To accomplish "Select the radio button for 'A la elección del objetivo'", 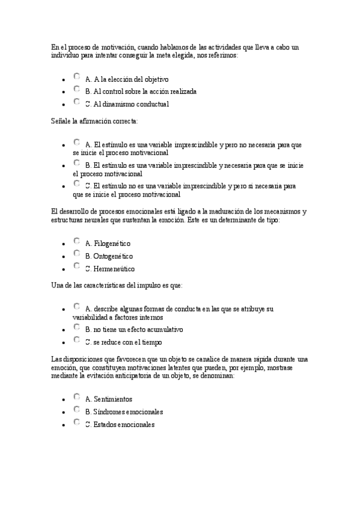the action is pyautogui.click(x=77, y=76).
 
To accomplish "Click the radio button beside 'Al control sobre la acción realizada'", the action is pyautogui.click(x=77, y=89).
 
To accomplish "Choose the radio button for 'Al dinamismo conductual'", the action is pyautogui.click(x=77, y=102).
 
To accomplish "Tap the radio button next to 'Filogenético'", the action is pyautogui.click(x=77, y=241).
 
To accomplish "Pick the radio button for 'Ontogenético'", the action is pyautogui.click(x=77, y=254).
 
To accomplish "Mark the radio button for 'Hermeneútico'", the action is pyautogui.click(x=77, y=266).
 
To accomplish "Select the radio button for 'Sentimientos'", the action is pyautogui.click(x=77, y=397).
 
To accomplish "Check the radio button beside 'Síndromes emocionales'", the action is pyautogui.click(x=77, y=410).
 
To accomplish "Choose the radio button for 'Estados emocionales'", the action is pyautogui.click(x=77, y=422).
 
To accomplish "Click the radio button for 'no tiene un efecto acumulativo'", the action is pyautogui.click(x=77, y=328).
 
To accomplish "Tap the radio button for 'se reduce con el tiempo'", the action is pyautogui.click(x=77, y=340).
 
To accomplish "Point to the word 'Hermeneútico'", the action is pyautogui.click(x=114, y=269).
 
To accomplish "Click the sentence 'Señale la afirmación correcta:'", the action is pyautogui.click(x=94, y=121).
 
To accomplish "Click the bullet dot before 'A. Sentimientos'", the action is pyautogui.click(x=64, y=400).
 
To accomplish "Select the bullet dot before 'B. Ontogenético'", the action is pyautogui.click(x=64, y=257).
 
